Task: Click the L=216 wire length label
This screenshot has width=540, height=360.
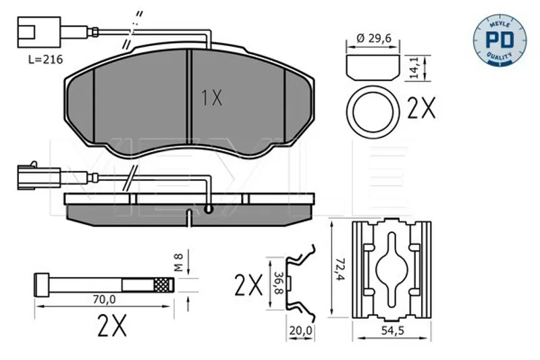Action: [45, 59]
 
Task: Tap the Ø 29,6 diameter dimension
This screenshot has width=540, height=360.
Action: [374, 38]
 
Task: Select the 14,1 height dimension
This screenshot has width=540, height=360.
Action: [415, 68]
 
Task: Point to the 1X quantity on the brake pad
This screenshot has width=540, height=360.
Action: [212, 97]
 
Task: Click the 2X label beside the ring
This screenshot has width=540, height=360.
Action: [421, 108]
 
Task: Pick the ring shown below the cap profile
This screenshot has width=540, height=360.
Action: [373, 111]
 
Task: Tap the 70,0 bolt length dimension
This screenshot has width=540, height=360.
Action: [105, 300]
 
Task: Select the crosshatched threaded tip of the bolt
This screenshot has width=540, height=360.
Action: [163, 285]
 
